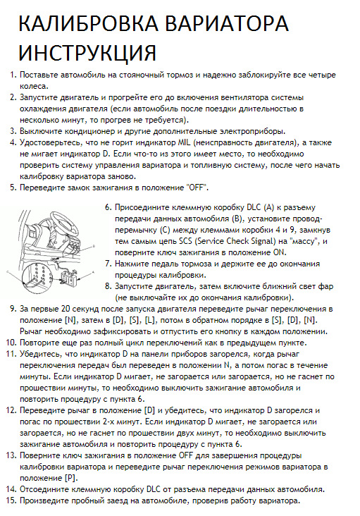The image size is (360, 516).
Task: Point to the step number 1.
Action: (x=12, y=75)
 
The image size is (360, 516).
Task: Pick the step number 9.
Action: (x=12, y=309)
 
